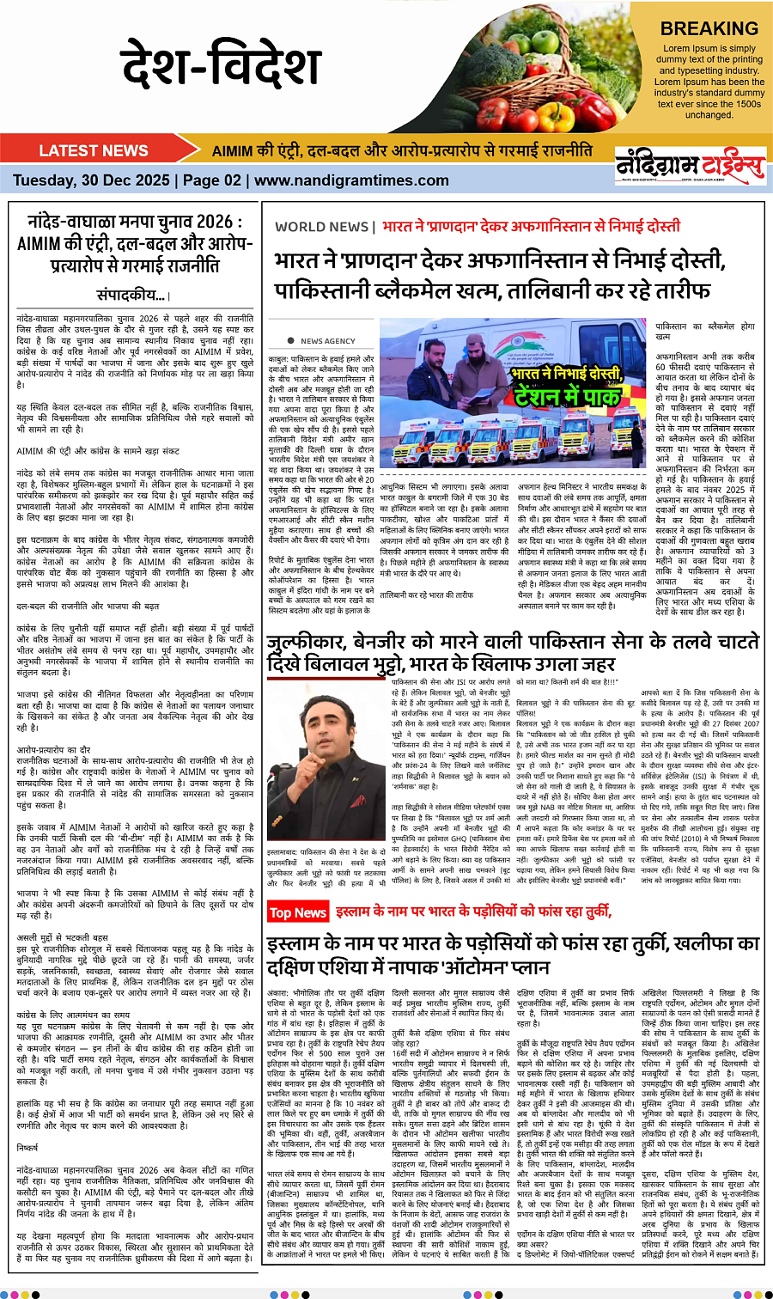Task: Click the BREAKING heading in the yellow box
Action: [x=709, y=28]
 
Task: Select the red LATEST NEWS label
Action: [x=94, y=150]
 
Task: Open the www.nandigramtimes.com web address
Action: [x=351, y=180]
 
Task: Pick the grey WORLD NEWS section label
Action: [x=321, y=227]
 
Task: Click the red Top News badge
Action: [x=297, y=912]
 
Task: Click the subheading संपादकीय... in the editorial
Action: [x=132, y=295]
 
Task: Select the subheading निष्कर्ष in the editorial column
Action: [x=27, y=1146]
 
